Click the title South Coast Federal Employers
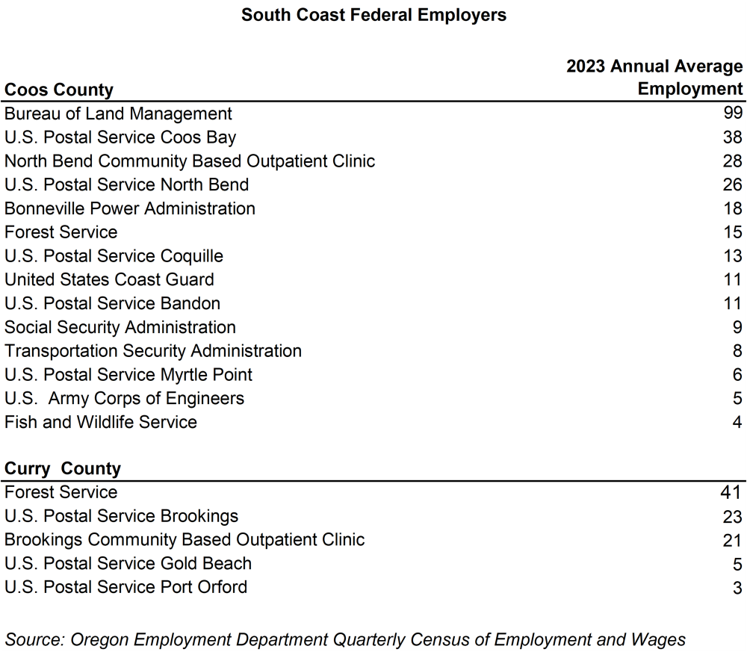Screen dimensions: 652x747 [x=373, y=15]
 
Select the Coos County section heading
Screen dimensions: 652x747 [x=59, y=90]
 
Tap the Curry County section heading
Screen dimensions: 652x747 [x=63, y=468]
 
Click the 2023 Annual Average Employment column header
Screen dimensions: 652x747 [x=654, y=78]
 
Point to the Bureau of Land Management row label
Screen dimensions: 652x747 [x=118, y=114]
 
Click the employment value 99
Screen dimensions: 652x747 [x=733, y=114]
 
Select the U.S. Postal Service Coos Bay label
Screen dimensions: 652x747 [x=120, y=137]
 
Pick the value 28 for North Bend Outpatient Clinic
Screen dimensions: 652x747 [x=733, y=161]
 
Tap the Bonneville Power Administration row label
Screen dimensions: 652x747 [x=130, y=208]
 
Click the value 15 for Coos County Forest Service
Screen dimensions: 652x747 [x=733, y=232]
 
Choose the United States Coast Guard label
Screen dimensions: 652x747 [x=109, y=279]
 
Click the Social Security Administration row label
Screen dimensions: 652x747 [x=120, y=327]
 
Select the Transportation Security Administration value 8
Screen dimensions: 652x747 [x=737, y=351]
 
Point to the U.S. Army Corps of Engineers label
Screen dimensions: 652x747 [x=124, y=398]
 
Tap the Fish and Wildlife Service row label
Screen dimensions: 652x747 [x=101, y=422]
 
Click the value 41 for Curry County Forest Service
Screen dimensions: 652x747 [x=730, y=492]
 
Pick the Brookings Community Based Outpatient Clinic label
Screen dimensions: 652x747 [x=185, y=539]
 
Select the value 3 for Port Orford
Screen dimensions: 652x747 [x=737, y=587]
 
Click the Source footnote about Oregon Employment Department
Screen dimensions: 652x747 [x=345, y=639]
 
